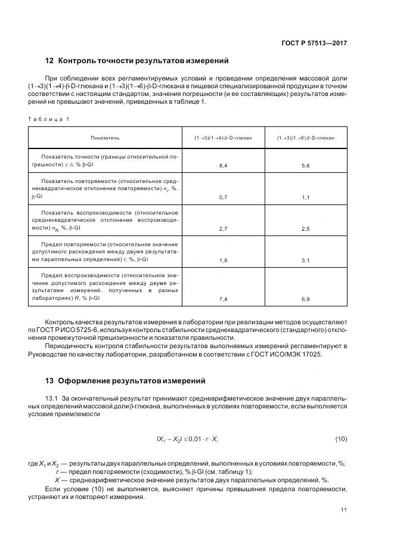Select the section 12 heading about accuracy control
[x=136, y=61]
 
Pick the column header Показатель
[x=105, y=138]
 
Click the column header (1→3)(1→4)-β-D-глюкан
[x=222, y=138]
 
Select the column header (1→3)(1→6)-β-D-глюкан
[x=306, y=138]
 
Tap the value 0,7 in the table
[x=223, y=196]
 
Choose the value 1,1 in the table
[x=306, y=196]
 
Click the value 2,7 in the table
[x=223, y=228]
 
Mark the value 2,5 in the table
[x=306, y=228]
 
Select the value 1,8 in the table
[x=223, y=261]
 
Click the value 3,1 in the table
[x=306, y=261]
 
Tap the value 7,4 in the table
[x=223, y=298]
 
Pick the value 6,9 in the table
[x=306, y=298]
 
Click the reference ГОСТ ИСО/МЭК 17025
[x=314, y=354]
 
